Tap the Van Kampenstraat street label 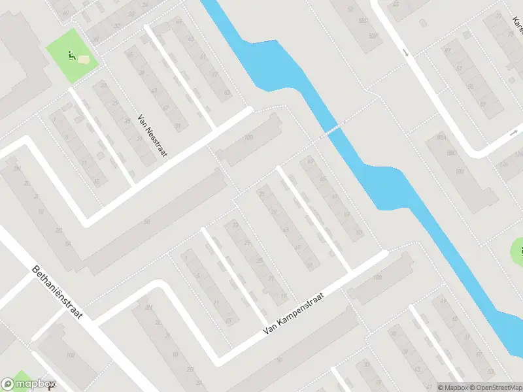[x=294, y=313]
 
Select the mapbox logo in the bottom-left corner [x=29, y=384]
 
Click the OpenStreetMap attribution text [x=493, y=387]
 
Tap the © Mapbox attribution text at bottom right [x=450, y=387]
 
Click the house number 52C [x=373, y=37]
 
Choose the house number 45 [x=396, y=5]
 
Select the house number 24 [x=144, y=5]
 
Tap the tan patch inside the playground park [x=84, y=59]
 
